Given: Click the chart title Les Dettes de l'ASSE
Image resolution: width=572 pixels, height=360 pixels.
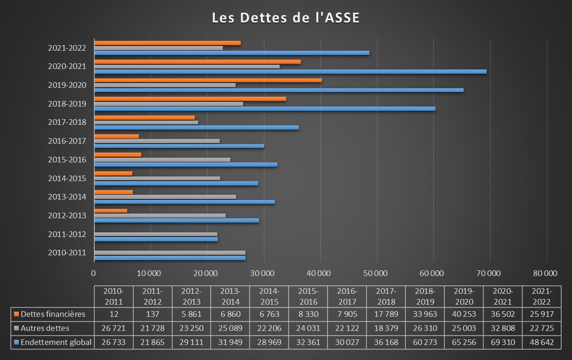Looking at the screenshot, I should (286, 18).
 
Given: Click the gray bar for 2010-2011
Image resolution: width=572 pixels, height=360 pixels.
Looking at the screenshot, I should (169, 253).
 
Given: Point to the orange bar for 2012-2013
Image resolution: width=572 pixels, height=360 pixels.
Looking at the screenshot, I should (111, 210).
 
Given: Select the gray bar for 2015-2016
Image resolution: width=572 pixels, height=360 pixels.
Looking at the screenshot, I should (162, 160).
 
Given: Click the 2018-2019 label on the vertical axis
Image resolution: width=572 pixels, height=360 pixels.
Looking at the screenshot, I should (67, 104).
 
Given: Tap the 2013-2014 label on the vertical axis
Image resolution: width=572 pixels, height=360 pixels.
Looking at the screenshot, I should (67, 197).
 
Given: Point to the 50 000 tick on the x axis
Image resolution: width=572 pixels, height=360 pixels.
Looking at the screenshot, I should (377, 273).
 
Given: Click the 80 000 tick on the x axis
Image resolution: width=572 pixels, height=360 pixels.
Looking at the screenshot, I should (547, 273).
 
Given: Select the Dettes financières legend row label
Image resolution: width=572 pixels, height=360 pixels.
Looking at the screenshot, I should (53, 314).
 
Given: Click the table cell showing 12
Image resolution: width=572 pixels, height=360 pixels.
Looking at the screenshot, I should (114, 314).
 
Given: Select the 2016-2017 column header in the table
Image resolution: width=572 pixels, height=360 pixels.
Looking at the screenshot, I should (347, 296).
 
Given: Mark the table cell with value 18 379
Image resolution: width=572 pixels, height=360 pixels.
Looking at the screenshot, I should (386, 328).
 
